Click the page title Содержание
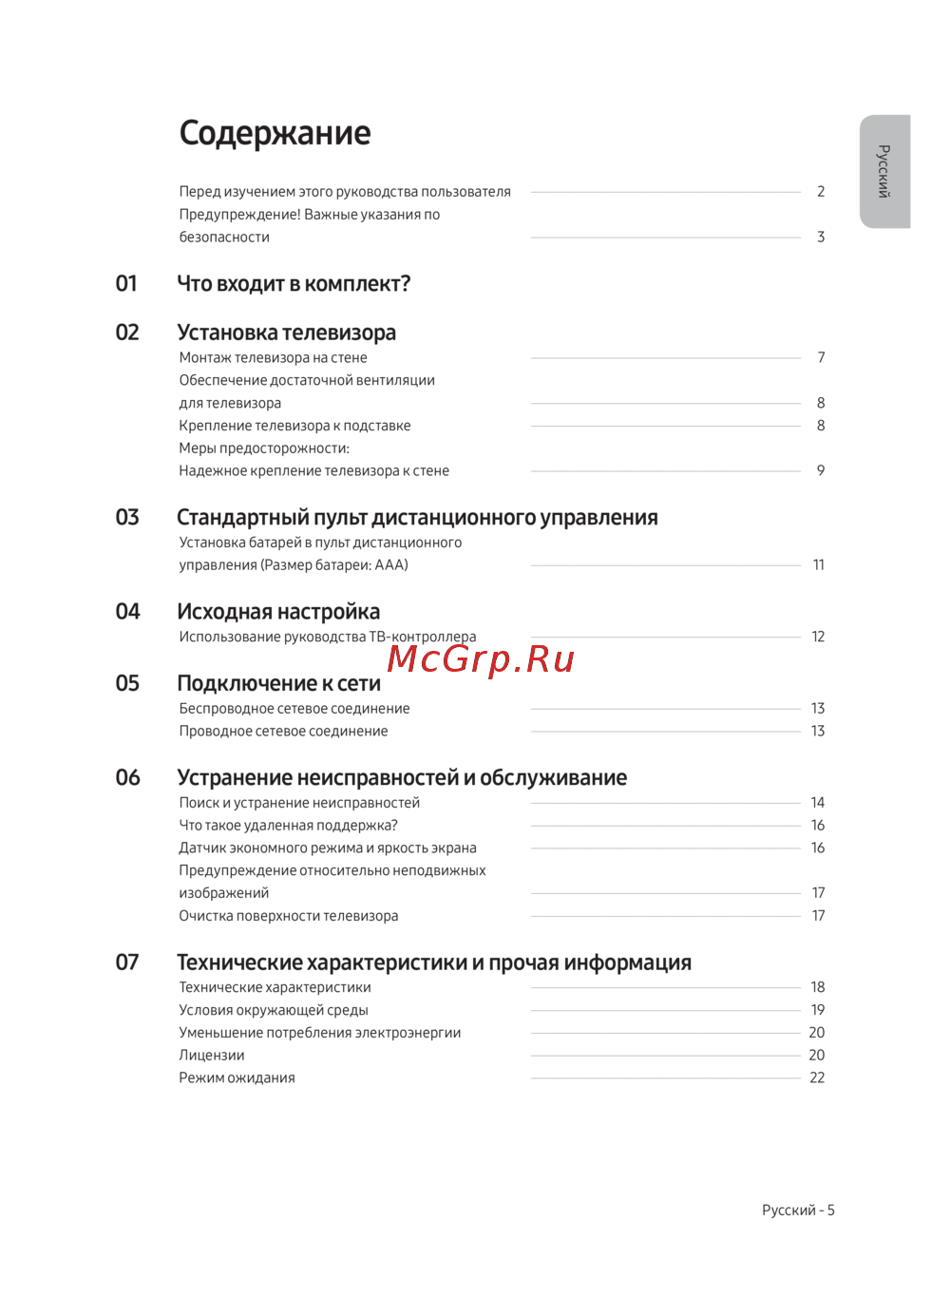click(275, 133)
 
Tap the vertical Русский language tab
click(884, 171)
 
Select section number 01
click(126, 284)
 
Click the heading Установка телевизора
click(286, 333)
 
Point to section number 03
click(127, 518)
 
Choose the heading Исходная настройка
click(278, 612)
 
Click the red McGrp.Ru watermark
click(481, 658)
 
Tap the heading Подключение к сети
click(278, 684)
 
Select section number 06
click(127, 778)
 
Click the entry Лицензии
click(212, 1056)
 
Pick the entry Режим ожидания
click(237, 1078)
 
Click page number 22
click(817, 1078)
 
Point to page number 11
click(818, 565)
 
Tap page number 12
click(818, 637)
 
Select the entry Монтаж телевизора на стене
click(273, 358)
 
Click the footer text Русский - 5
click(798, 1210)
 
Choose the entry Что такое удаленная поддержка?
click(288, 826)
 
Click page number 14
click(817, 803)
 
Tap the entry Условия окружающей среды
click(274, 1010)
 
